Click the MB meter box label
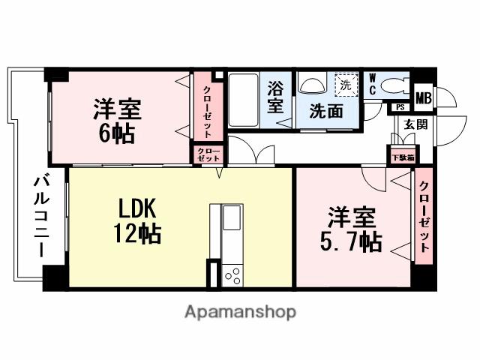tap(424, 98)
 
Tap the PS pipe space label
tap(400, 107)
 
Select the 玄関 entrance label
tap(415, 124)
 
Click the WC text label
tap(373, 84)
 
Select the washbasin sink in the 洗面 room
tap(312, 82)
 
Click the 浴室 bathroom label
tap(275, 97)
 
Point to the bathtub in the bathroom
tap(244, 100)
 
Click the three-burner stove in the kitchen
tap(232, 276)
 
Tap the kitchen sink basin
tap(232, 217)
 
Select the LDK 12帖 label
tap(137, 220)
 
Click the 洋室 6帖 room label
tap(117, 121)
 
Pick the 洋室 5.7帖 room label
tap(351, 229)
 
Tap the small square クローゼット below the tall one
tap(208, 155)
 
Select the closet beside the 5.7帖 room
tap(424, 216)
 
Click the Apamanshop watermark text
tap(240, 313)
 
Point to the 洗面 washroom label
tap(326, 111)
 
